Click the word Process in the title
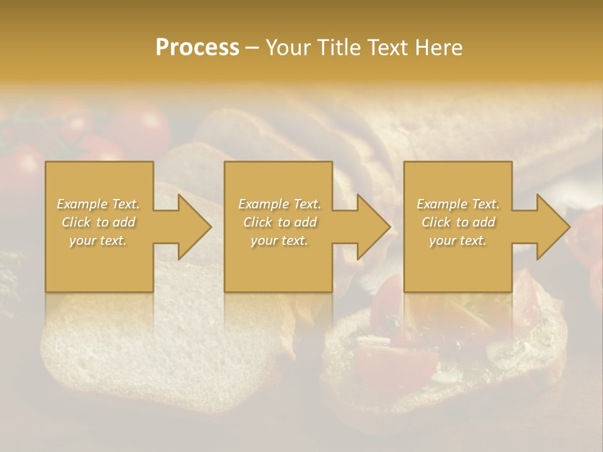[197, 48]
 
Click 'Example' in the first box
[82, 204]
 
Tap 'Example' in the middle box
[263, 204]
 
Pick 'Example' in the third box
[442, 204]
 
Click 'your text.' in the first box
[98, 240]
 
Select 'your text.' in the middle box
[279, 240]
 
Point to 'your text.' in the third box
[457, 240]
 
